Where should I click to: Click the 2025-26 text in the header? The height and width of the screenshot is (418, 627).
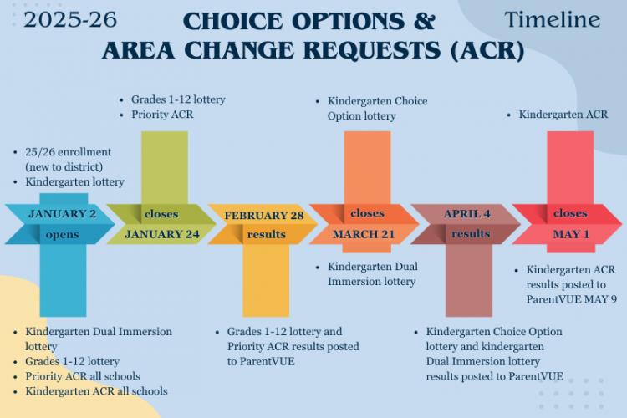click(70, 20)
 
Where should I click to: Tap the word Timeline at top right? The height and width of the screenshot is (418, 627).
click(553, 19)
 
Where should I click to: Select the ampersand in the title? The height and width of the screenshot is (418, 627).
click(424, 21)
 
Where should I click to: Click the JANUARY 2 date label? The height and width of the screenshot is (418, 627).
click(63, 214)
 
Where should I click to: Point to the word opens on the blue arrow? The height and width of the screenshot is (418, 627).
click(63, 235)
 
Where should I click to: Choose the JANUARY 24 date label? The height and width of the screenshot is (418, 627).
click(162, 234)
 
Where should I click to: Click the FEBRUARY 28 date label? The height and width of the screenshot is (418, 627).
click(264, 216)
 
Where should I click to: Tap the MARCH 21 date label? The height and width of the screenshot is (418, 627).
click(364, 234)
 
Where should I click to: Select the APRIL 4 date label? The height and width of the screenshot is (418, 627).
click(466, 214)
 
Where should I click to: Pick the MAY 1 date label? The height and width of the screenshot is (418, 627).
click(571, 234)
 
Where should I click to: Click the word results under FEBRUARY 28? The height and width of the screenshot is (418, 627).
click(267, 234)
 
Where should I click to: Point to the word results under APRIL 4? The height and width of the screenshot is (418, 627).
click(471, 233)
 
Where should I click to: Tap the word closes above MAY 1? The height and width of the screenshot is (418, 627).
click(570, 213)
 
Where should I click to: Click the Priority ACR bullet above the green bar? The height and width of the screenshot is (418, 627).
click(162, 115)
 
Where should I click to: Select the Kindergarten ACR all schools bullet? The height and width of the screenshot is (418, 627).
click(96, 391)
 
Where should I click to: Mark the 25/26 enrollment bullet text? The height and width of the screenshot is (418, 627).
click(69, 159)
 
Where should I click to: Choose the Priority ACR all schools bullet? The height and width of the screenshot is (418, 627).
click(83, 376)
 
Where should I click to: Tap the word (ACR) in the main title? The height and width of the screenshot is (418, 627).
click(487, 51)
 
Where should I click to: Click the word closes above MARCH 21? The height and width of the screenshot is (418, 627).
click(367, 213)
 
